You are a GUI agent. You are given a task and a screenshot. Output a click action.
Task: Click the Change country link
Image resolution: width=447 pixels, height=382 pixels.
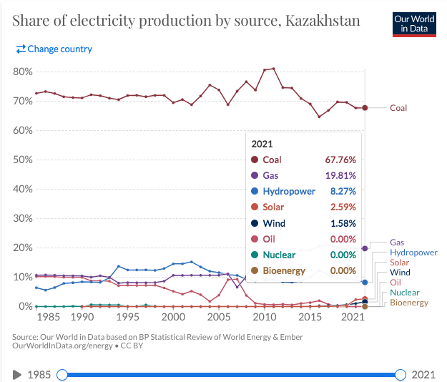(54, 49)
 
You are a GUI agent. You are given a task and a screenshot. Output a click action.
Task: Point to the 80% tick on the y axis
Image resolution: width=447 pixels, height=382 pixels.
(21, 72)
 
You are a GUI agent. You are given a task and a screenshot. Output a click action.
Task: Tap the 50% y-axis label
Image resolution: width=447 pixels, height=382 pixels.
(21, 160)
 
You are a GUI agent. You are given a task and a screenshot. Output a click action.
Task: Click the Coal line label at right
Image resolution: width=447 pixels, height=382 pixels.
(398, 108)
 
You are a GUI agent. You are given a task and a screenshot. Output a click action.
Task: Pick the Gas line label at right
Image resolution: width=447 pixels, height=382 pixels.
(397, 243)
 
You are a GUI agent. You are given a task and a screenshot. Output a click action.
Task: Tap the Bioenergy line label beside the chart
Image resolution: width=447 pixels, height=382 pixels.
(408, 303)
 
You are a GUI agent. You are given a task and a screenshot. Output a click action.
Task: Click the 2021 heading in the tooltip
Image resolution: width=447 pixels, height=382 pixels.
(262, 143)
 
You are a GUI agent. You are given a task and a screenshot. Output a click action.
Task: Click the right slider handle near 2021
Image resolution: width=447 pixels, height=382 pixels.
(400, 375)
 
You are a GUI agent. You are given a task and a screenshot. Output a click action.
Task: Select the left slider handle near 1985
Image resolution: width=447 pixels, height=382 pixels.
(62, 375)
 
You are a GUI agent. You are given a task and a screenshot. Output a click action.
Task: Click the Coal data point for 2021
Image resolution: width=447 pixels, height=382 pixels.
(365, 108)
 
